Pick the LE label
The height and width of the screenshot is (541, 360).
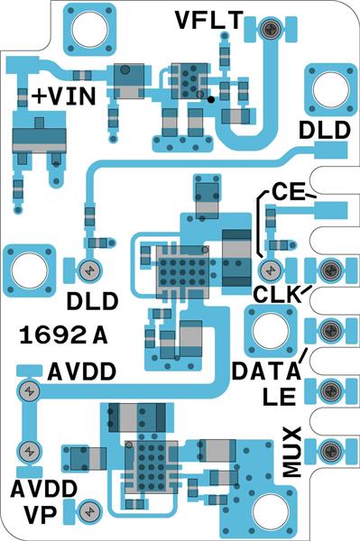point(282,395)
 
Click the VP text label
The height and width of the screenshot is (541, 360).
point(42,514)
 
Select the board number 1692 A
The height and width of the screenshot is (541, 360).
point(63,336)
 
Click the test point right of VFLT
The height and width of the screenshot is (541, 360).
point(269,29)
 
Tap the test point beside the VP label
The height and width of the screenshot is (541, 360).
point(88,511)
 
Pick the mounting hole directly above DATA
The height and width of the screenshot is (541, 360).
point(268,330)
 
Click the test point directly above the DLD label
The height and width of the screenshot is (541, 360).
point(89,270)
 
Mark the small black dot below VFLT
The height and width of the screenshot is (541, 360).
point(210,100)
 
